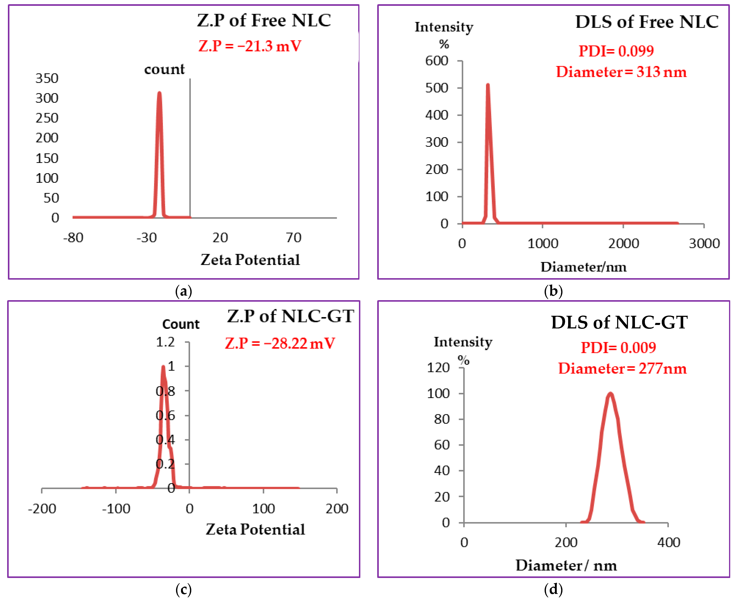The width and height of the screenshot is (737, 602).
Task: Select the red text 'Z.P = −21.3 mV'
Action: coord(250,46)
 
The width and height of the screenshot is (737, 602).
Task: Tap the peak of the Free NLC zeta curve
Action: coord(159,93)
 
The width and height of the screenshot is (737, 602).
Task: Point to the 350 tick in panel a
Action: coord(47,78)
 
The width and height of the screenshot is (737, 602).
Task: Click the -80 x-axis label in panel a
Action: coord(73,238)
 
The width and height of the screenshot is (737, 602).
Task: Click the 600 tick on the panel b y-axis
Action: coord(437,61)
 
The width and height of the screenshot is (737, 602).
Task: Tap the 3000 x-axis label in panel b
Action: coord(704,243)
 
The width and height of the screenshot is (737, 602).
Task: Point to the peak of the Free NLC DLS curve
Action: coord(488,85)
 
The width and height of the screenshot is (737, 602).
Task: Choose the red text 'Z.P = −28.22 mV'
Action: coord(280,343)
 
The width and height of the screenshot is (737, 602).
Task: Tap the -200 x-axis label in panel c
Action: coord(42,509)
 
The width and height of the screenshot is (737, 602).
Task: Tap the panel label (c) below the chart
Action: coord(184,589)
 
